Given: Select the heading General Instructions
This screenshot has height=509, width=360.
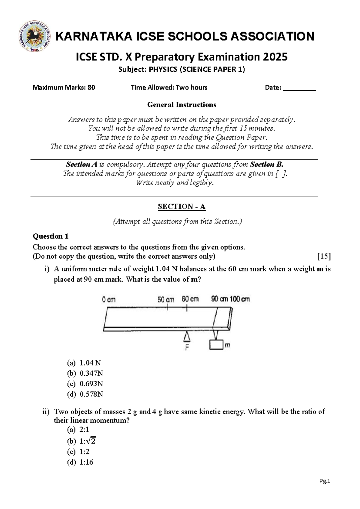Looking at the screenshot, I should pyautogui.click(x=181, y=105).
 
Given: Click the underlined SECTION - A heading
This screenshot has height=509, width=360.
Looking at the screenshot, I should pyautogui.click(x=181, y=206).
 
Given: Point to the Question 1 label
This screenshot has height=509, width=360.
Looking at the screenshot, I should pyautogui.click(x=50, y=236).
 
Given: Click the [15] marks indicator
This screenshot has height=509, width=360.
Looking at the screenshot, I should pyautogui.click(x=324, y=256).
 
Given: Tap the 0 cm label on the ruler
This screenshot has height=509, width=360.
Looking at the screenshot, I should pyautogui.click(x=109, y=300).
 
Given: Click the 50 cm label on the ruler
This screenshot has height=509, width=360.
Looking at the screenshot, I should pyautogui.click(x=166, y=300).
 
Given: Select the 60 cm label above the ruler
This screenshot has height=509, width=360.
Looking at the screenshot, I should pyautogui.click(x=190, y=299).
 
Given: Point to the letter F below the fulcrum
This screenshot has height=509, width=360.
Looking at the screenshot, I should pyautogui.click(x=187, y=348).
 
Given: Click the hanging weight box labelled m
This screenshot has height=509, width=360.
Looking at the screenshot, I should pyautogui.click(x=216, y=345).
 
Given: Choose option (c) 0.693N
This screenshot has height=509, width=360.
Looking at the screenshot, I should pyautogui.click(x=85, y=384).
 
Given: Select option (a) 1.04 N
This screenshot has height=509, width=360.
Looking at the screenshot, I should pyautogui.click(x=84, y=363).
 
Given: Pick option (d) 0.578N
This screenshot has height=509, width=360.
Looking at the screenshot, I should pyautogui.click(x=85, y=394).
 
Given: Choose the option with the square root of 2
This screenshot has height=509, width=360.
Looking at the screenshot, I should pyautogui.click(x=81, y=441).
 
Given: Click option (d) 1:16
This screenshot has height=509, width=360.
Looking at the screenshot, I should pyautogui.click(x=80, y=462).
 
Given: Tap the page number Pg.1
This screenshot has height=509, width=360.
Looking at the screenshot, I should pyautogui.click(x=325, y=481).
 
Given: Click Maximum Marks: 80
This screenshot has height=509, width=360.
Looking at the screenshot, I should pyautogui.click(x=64, y=88).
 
